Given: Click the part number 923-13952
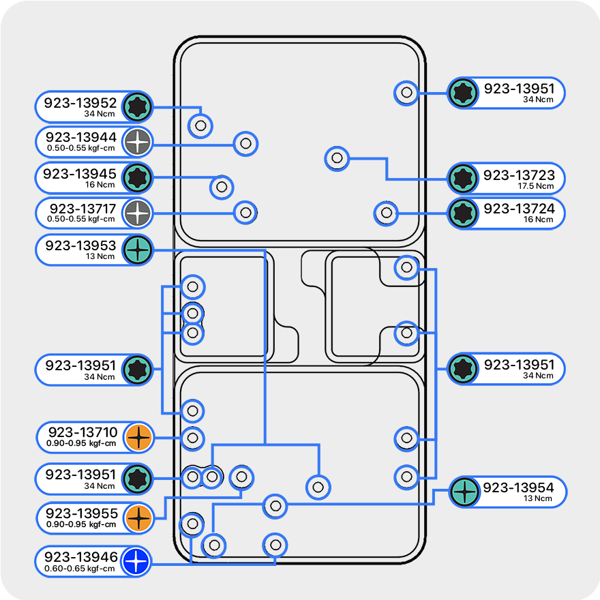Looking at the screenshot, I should pyautogui.click(x=80, y=103).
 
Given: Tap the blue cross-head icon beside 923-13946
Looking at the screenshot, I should pyautogui.click(x=137, y=562).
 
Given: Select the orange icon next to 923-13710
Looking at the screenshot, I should pyautogui.click(x=138, y=437).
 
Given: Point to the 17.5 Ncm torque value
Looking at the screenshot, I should pyautogui.click(x=535, y=186).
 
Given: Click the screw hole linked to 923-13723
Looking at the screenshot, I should pyautogui.click(x=337, y=158).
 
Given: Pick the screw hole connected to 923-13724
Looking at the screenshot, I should pyautogui.click(x=387, y=213).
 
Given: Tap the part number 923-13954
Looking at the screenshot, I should pyautogui.click(x=518, y=487).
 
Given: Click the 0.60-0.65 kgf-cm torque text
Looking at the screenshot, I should pyautogui.click(x=80, y=568).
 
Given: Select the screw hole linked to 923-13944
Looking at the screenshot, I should pyautogui.click(x=245, y=144).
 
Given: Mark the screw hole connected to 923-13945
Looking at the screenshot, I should pyautogui.click(x=221, y=186).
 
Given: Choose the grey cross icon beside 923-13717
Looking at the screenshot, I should pyautogui.click(x=138, y=213).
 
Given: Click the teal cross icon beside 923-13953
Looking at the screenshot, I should pyautogui.click(x=138, y=250).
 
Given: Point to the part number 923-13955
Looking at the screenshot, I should pyautogui.click(x=81, y=513).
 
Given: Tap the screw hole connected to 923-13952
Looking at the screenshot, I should pyautogui.click(x=200, y=125).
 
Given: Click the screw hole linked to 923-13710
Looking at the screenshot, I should pyautogui.click(x=192, y=438).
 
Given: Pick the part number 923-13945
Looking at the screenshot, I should pyautogui.click(x=80, y=174).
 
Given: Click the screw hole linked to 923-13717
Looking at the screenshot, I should pyautogui.click(x=245, y=212).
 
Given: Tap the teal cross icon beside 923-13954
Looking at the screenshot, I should pyautogui.click(x=464, y=492).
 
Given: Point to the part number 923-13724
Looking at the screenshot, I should pyautogui.click(x=519, y=209).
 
